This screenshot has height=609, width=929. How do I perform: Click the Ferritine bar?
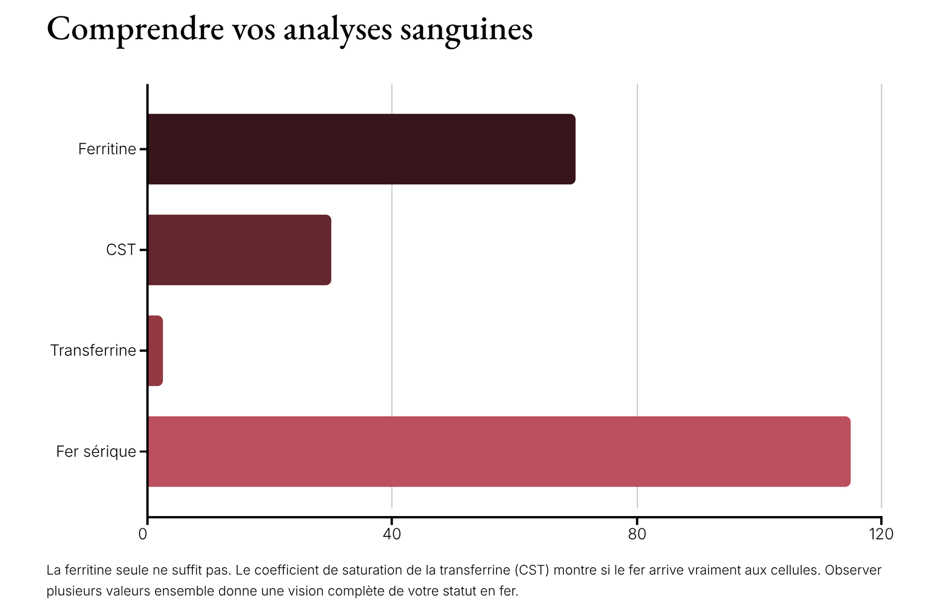coord(361,149)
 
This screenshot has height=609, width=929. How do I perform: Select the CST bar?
coord(239,250)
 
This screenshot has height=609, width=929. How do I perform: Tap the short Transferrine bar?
coord(155,351)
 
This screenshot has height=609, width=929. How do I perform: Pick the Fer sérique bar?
coord(499,451)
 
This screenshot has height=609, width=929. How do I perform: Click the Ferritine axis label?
coord(107,149)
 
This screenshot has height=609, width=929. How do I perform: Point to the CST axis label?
coord(121,250)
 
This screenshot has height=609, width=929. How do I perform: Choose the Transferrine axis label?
coord(93,351)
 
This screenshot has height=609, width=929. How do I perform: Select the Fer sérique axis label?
coord(96,451)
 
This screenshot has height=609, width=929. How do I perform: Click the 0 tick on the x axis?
coord(143,534)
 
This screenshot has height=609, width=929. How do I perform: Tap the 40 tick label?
coord(392,534)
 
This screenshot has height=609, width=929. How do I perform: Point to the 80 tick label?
coord(637,534)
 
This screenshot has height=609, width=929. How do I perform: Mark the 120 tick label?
coord(881,534)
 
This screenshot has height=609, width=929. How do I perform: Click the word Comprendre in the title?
coord(135,30)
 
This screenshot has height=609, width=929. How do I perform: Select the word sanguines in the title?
coord(466,30)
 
